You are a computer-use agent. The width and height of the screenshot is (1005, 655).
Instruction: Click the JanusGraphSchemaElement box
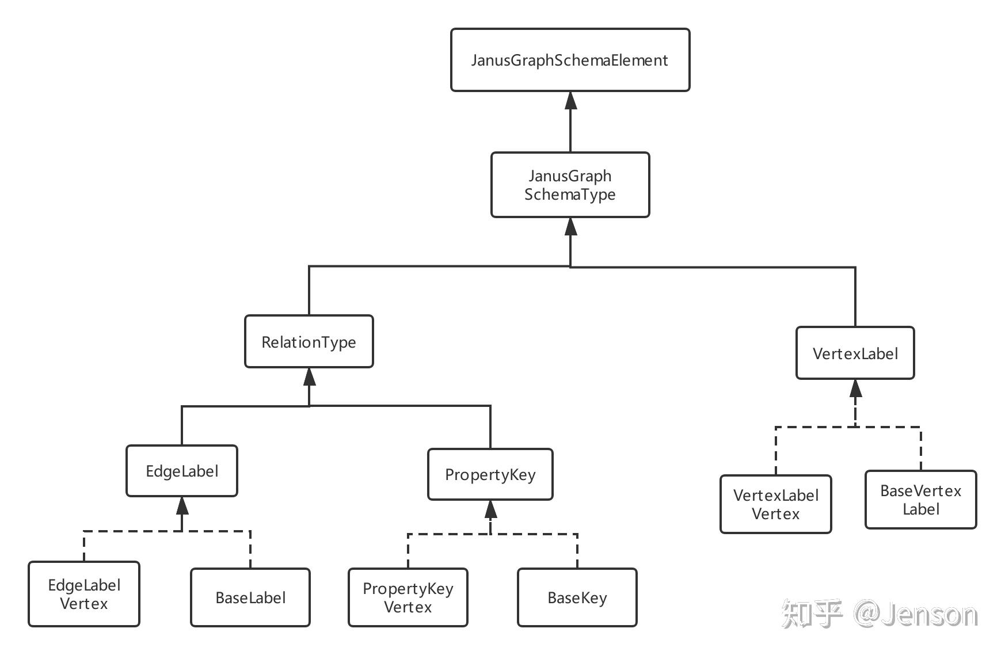570,60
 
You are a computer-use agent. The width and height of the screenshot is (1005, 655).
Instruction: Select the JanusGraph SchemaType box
570,185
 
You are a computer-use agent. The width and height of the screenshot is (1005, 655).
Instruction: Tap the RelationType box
309,341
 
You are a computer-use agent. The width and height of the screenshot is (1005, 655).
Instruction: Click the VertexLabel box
855,353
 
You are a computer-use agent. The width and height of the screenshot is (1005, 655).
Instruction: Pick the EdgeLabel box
182,471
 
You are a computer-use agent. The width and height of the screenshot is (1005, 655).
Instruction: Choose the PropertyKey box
490,474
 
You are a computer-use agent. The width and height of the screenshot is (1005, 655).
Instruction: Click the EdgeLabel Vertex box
84,594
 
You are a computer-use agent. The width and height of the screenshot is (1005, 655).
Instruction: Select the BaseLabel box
250,597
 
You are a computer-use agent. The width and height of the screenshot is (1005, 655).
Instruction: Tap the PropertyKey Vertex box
408,597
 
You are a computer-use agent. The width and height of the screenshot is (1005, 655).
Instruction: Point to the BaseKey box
577,597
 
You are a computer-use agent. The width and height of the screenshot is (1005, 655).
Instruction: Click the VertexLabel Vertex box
776,504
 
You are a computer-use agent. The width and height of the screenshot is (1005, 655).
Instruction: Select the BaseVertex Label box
921,500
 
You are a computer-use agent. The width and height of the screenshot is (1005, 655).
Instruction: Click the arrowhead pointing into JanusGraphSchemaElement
570,100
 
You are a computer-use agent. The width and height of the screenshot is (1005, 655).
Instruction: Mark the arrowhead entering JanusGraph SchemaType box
570,226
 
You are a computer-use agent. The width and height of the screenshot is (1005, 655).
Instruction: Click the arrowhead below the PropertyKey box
490,509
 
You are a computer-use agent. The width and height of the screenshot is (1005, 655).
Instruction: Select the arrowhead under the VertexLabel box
855,389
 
